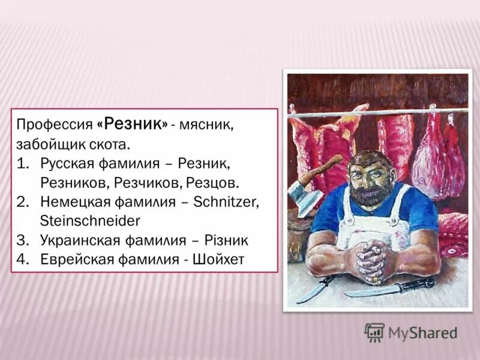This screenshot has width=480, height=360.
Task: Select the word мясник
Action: click(x=209, y=125)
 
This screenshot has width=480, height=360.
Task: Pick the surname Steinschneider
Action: click(x=89, y=221)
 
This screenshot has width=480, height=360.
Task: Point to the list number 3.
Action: click(x=23, y=240)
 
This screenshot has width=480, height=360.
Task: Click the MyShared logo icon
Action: click(x=374, y=332)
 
